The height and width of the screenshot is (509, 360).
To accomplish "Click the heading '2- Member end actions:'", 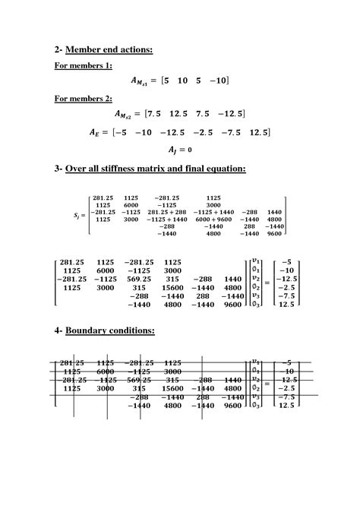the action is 103,50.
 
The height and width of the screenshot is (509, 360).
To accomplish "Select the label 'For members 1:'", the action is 83,65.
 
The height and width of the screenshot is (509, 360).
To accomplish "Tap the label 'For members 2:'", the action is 83,98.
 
